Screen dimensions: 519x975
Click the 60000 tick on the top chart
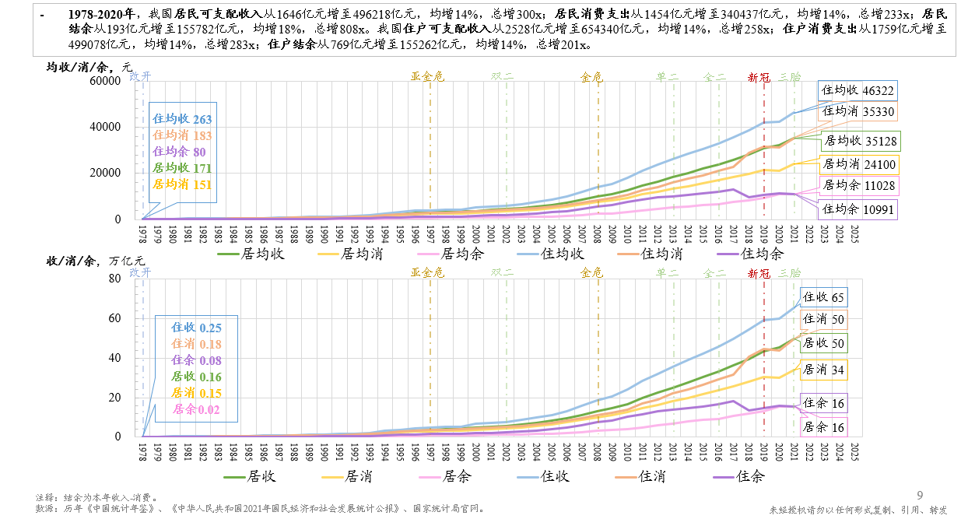click(x=106, y=80)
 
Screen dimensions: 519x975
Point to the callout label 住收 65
click(x=823, y=297)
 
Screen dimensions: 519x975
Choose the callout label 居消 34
click(x=823, y=370)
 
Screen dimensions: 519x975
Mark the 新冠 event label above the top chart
click(x=759, y=77)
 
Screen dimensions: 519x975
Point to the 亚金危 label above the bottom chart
click(x=427, y=272)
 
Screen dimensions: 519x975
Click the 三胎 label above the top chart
click(x=790, y=77)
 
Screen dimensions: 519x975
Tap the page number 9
click(x=920, y=496)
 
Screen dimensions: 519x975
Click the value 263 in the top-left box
click(x=202, y=120)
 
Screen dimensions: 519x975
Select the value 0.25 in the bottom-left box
click(x=210, y=328)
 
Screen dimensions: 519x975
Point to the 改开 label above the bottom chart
click(x=140, y=272)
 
